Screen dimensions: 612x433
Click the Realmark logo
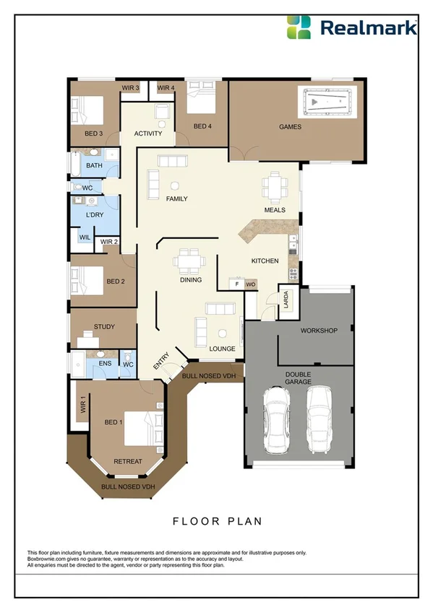tap(351, 27)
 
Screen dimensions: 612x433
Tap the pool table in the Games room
tap(327, 102)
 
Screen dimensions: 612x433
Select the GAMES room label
tap(290, 127)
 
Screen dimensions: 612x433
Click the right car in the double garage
tap(320, 420)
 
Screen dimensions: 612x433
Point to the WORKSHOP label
tap(319, 331)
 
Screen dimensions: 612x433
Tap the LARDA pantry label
tap(286, 299)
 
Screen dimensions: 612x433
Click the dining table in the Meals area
tap(275, 188)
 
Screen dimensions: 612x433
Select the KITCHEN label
tap(265, 261)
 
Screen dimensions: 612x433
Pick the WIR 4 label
tap(166, 88)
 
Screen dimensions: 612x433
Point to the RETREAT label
tap(127, 461)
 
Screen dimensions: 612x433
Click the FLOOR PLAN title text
tap(216, 520)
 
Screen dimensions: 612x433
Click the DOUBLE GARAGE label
tap(298, 377)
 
